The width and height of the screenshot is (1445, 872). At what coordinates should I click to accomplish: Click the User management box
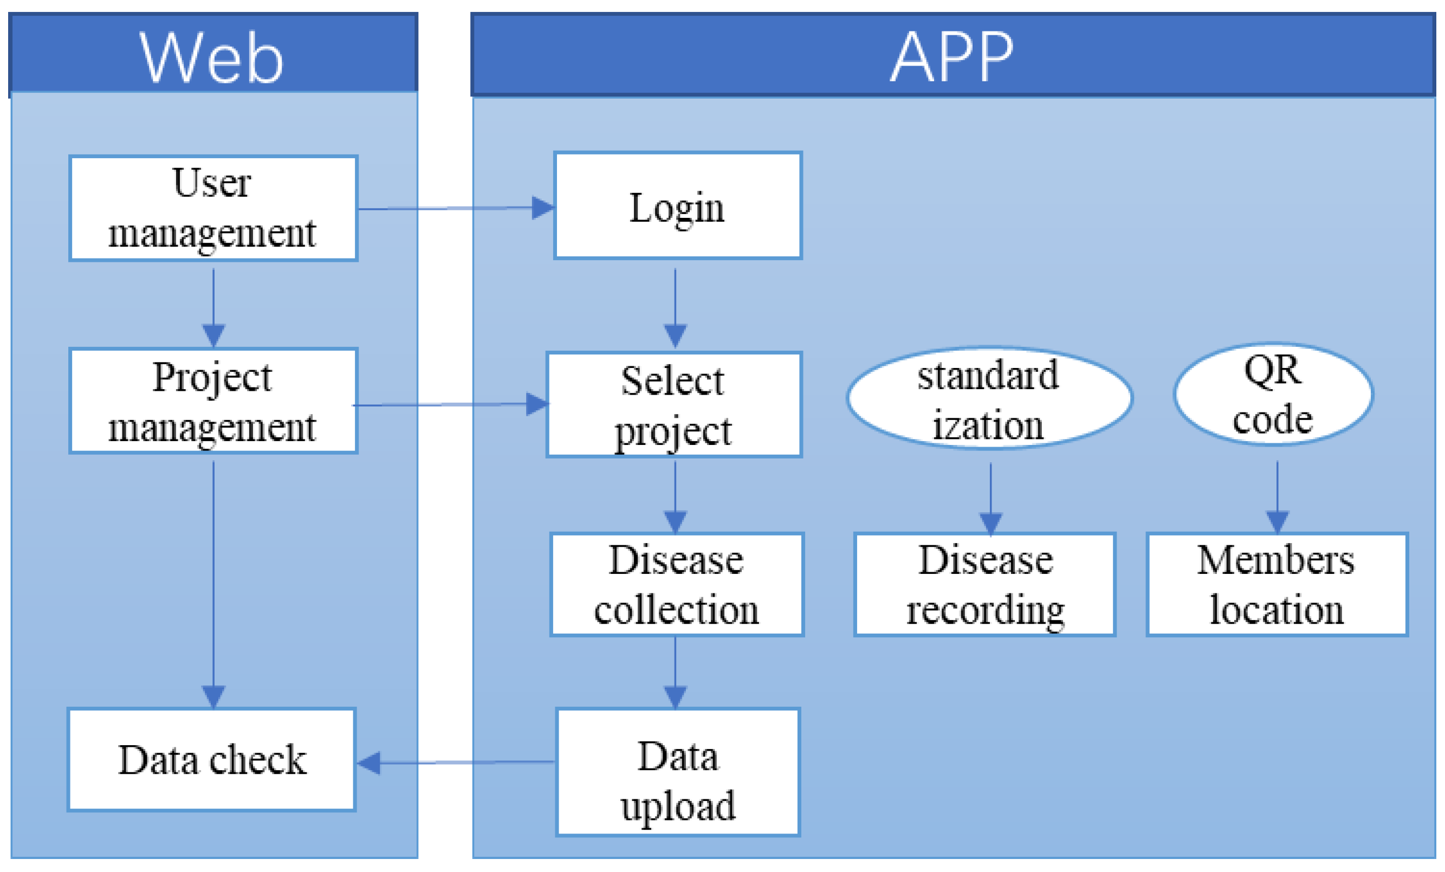[x=213, y=208]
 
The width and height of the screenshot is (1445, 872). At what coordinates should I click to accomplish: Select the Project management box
[x=213, y=401]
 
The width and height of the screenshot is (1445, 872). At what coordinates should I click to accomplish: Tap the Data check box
[x=212, y=759]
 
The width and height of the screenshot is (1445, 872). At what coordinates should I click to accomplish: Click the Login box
[x=677, y=206]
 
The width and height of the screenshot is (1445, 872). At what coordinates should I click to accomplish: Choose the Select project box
[x=674, y=405]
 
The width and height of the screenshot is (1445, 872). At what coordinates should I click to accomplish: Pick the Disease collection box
[x=677, y=584]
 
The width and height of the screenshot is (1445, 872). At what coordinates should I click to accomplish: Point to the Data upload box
[x=677, y=772]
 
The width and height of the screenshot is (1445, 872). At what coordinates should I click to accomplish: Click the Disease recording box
[x=984, y=584]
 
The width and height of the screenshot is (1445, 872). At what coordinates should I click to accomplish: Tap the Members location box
[x=1276, y=584]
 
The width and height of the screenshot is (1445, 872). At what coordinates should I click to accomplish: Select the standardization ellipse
[x=989, y=399]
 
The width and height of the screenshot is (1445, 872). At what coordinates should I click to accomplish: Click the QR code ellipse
[x=1273, y=395]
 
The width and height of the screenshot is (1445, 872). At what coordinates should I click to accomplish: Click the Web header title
[x=212, y=57]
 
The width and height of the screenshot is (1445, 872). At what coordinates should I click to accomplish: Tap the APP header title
[x=952, y=57]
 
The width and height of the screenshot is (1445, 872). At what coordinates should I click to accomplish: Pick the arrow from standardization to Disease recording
[x=990, y=499]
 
